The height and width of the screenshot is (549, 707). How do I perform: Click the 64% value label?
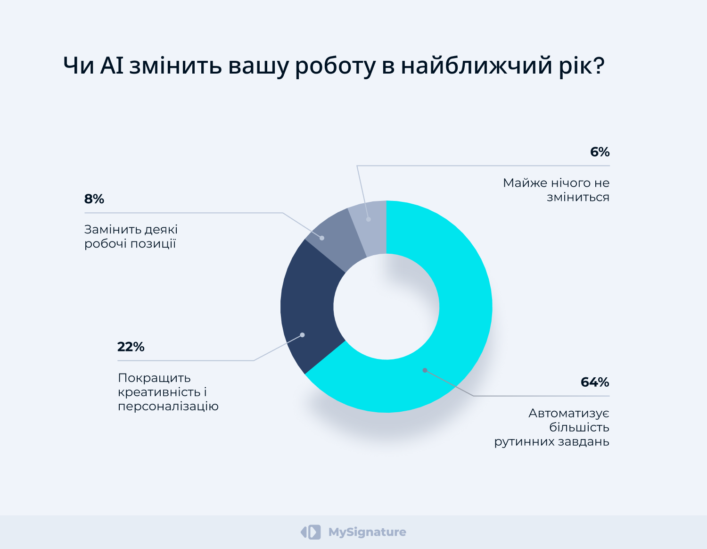[x=595, y=382]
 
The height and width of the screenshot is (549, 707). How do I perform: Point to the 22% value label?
[x=131, y=347]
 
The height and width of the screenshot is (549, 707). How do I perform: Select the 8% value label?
[x=94, y=199]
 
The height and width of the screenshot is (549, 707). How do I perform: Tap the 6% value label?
[x=600, y=152]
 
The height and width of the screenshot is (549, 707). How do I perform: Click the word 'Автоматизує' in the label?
[x=569, y=414]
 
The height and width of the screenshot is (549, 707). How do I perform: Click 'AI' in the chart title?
[x=112, y=66]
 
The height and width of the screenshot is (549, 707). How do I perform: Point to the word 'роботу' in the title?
[x=335, y=67]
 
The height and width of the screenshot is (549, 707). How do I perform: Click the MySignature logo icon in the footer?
[x=311, y=532]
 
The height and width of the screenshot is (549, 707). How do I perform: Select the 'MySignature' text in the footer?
[x=367, y=532]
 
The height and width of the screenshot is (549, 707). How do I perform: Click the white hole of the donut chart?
[x=386, y=307]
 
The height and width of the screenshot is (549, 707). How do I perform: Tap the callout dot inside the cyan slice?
[x=425, y=370]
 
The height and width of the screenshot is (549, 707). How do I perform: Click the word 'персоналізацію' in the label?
[x=168, y=407]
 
